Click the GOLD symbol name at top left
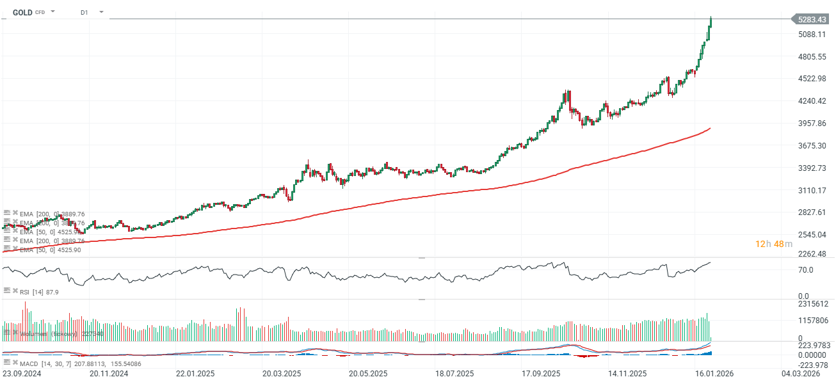tap(22, 12)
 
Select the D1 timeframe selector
tap(84, 12)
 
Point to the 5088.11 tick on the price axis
tap(812, 35)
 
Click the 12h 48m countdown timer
tap(773, 244)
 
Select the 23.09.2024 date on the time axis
tap(22, 373)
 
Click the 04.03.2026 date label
tap(801, 373)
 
